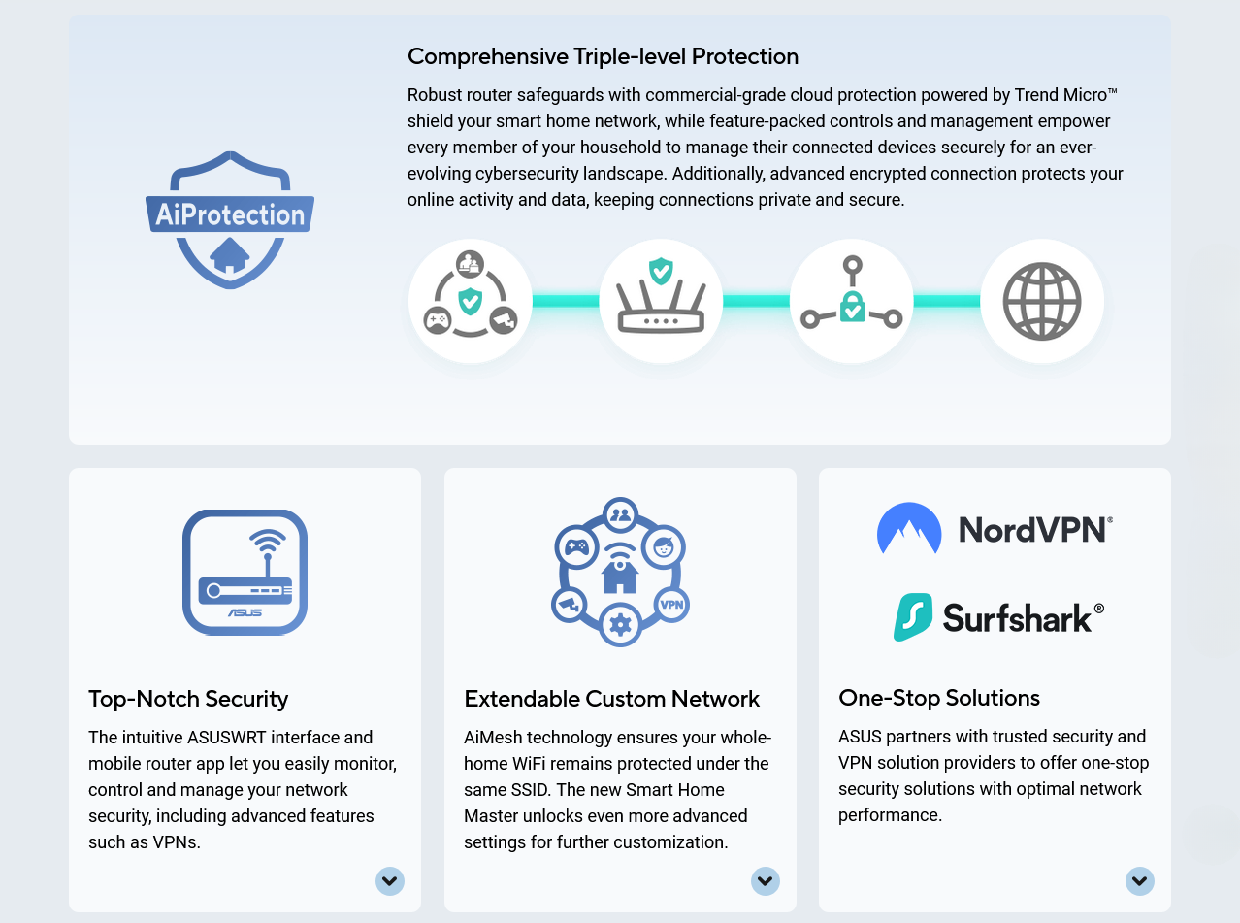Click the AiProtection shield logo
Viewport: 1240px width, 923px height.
pyautogui.click(x=230, y=219)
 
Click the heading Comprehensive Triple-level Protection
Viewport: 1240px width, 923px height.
pyautogui.click(x=603, y=56)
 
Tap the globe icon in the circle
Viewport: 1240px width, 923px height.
pyautogui.click(x=1042, y=301)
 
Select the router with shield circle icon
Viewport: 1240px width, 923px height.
pyautogui.click(x=661, y=301)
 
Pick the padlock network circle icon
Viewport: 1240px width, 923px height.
pyautogui.click(x=852, y=301)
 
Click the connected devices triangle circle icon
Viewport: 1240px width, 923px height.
pyautogui.click(x=471, y=301)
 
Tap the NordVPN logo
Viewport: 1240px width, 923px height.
pyautogui.click(x=995, y=529)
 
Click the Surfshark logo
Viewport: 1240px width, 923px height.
pyautogui.click(x=998, y=617)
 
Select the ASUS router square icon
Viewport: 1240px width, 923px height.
pyautogui.click(x=245, y=572)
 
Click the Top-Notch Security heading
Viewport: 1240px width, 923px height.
pyautogui.click(x=188, y=699)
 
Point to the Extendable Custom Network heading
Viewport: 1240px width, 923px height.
pyautogui.click(x=611, y=699)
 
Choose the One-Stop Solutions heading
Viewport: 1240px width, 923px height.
pyautogui.click(x=939, y=698)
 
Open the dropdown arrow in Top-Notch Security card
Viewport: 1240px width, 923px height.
pyautogui.click(x=390, y=881)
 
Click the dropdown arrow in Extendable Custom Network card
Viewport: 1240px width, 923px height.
pyautogui.click(x=766, y=881)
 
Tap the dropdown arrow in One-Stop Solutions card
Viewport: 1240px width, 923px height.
pyautogui.click(x=1140, y=881)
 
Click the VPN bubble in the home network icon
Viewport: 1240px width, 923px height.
pyautogui.click(x=671, y=604)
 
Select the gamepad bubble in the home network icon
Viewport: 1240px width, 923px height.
pyautogui.click(x=575, y=547)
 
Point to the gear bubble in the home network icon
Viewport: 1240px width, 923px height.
pyautogui.click(x=620, y=624)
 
